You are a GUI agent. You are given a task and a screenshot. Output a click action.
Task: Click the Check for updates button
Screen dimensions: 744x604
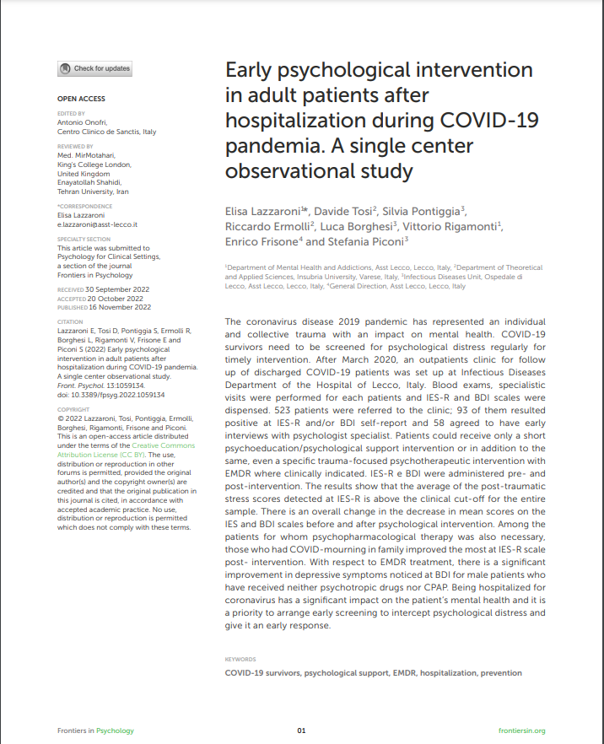click(94, 68)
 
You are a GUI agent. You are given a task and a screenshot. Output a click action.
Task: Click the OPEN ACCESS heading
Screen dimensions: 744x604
click(81, 99)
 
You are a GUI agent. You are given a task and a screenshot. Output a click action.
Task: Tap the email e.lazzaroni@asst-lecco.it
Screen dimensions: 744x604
click(97, 224)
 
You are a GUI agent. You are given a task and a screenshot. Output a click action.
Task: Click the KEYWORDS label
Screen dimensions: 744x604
click(240, 659)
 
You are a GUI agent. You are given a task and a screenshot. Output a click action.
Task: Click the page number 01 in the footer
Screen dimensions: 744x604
click(301, 731)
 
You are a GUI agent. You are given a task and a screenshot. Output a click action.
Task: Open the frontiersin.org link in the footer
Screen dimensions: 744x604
click(521, 731)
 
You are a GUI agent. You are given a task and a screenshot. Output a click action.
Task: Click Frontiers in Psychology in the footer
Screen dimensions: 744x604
click(95, 731)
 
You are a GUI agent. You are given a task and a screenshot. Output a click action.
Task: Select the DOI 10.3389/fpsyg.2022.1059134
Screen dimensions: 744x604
click(111, 395)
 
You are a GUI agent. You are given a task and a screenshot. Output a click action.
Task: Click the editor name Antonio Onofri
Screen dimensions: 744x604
click(86, 121)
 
